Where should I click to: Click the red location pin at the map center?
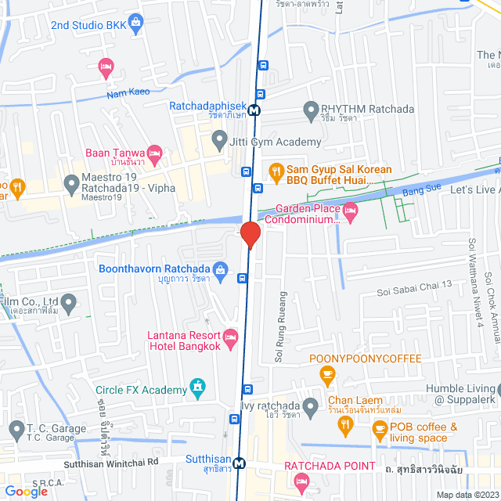tap(250, 235)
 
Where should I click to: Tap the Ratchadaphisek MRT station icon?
tap(255, 111)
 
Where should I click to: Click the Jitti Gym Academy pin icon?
tap(218, 142)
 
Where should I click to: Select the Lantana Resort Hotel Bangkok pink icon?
tap(230, 338)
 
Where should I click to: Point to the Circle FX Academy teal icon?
tap(196, 388)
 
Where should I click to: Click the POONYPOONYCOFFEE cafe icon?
tap(326, 376)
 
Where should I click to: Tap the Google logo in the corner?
tap(26, 491)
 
